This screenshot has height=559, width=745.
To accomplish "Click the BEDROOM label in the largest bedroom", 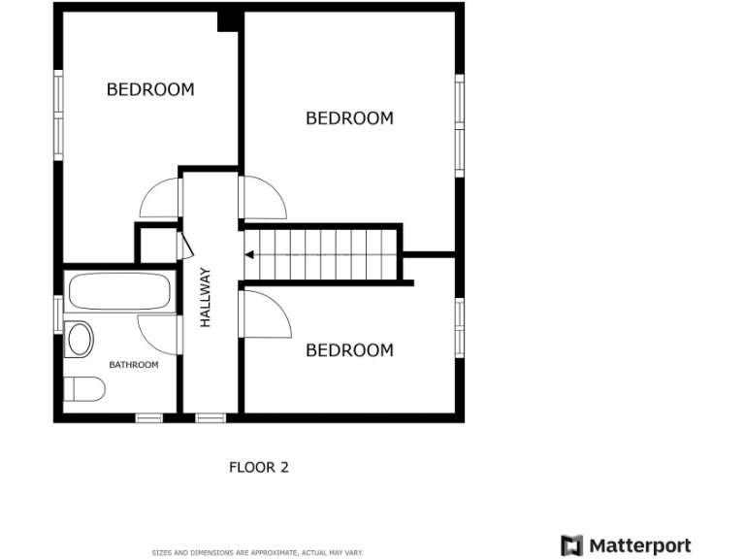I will click(x=349, y=118).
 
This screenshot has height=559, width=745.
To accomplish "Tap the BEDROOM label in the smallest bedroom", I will click(x=349, y=350).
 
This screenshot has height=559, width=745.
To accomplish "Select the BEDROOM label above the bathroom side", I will click(x=150, y=89).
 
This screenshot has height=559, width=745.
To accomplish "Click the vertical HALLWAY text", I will click(x=206, y=297).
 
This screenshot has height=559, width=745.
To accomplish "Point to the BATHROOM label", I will click(x=133, y=365).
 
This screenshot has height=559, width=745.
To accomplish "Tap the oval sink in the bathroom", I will click(x=80, y=340).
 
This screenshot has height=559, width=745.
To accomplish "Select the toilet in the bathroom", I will click(x=85, y=390).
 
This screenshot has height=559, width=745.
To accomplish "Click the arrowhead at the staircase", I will click(x=249, y=255).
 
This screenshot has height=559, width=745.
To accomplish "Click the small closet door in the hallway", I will click(x=183, y=245).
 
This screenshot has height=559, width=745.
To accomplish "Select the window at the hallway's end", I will click(x=211, y=418).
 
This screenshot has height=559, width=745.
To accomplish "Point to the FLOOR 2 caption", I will click(x=258, y=467).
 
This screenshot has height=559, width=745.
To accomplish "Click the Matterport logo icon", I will click(x=572, y=545).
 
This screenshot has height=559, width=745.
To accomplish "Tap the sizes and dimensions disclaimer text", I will click(x=257, y=553).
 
